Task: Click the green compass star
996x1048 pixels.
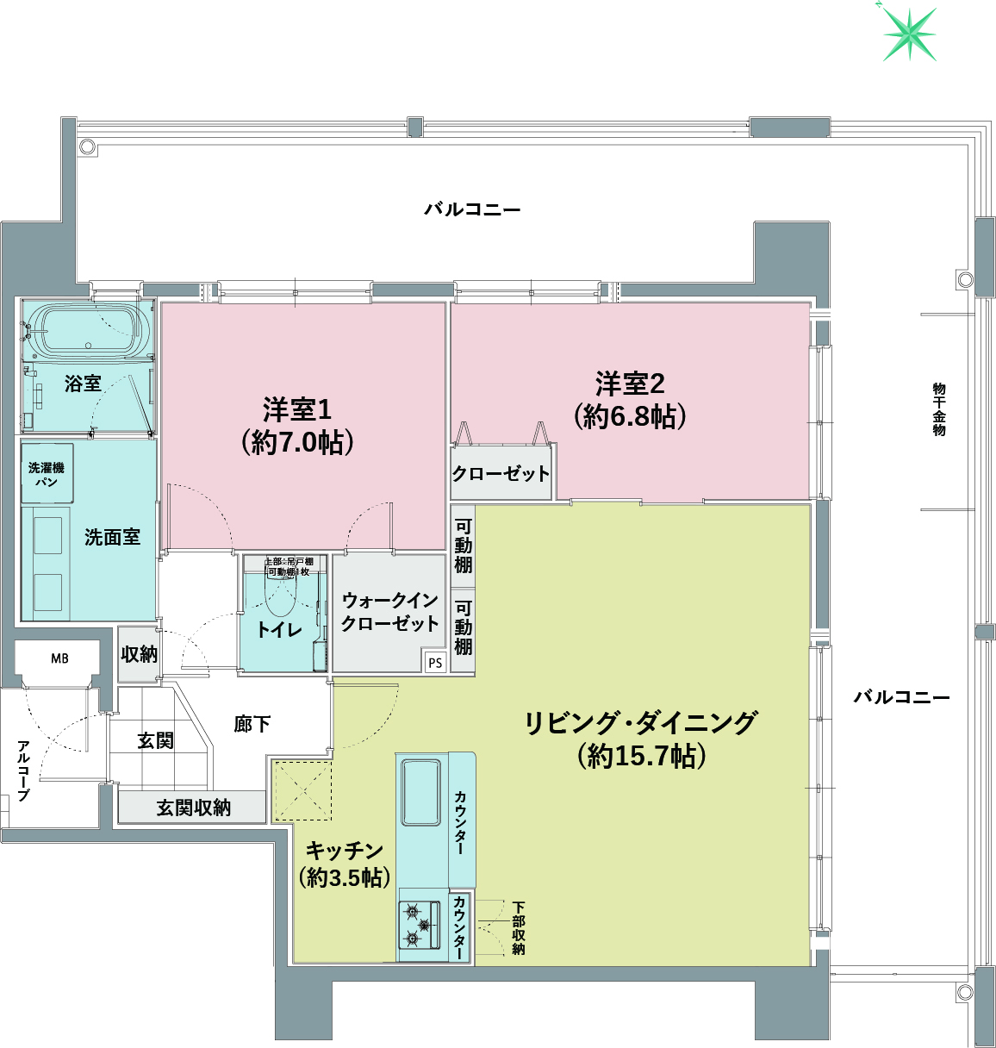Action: click(909, 34)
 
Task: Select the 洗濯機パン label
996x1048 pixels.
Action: click(47, 474)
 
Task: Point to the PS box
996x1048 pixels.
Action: click(435, 663)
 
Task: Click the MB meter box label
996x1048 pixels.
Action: click(59, 658)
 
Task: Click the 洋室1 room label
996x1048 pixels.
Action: click(298, 425)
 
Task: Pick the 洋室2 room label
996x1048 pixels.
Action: click(630, 400)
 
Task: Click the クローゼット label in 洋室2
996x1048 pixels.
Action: click(501, 473)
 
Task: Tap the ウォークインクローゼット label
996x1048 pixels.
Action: click(389, 611)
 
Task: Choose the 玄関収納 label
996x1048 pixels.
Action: click(193, 808)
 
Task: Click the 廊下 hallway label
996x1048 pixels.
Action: click(252, 724)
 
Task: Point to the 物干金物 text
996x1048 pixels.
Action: click(939, 409)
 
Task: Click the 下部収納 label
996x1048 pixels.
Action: click(518, 927)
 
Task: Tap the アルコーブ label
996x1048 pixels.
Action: click(23, 770)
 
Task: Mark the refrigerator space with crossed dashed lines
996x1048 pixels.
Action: click(302, 789)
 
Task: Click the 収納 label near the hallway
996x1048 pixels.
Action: click(139, 654)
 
